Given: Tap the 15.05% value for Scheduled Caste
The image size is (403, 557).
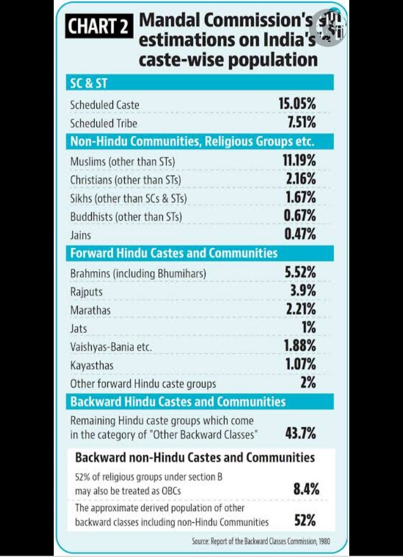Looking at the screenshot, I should (297, 104).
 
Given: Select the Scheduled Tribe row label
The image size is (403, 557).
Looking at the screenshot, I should (104, 123).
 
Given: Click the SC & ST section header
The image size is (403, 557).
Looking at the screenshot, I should (88, 84).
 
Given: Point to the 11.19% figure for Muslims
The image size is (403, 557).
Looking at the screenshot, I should (298, 161).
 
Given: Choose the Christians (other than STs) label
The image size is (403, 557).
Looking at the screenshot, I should (125, 180).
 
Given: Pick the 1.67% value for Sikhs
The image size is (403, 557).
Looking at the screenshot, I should (300, 197).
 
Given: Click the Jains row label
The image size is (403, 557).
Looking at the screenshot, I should (81, 235).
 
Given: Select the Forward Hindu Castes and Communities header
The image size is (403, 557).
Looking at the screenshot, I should (174, 253).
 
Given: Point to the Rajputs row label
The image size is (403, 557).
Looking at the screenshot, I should (86, 291).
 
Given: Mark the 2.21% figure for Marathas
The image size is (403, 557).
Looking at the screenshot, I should (301, 309).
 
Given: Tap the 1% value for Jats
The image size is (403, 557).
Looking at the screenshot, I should (308, 328).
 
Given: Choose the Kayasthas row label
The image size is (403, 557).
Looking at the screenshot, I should (92, 365).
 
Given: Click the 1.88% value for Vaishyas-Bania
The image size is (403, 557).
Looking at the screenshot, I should (300, 346).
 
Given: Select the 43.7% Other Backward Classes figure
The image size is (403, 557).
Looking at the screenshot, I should (301, 433).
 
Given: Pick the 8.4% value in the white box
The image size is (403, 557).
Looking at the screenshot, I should (306, 489).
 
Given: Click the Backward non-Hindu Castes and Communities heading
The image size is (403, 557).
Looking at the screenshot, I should (195, 457).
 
